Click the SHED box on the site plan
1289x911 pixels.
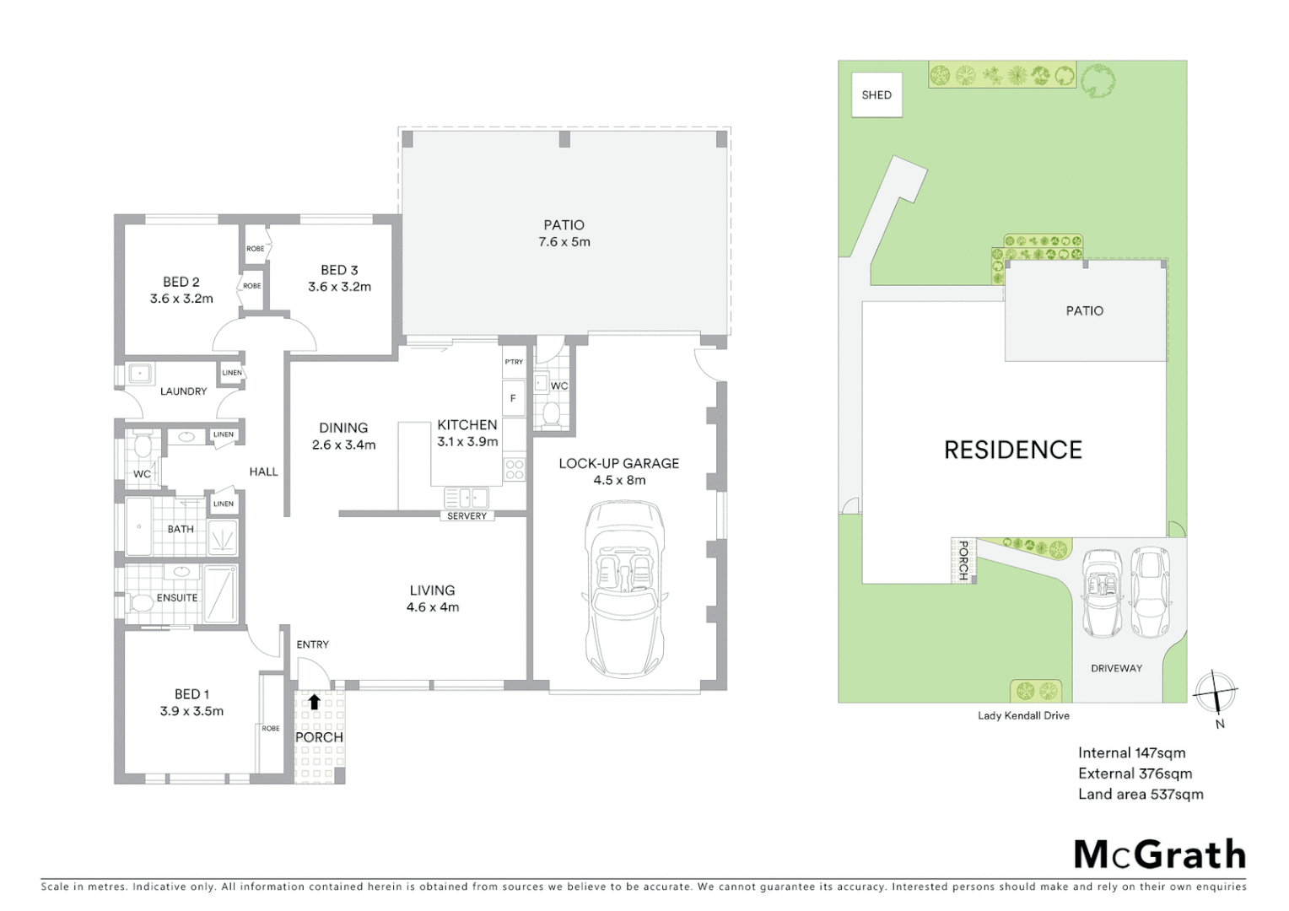876,94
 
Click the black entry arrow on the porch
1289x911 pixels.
314,701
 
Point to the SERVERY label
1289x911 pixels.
467,516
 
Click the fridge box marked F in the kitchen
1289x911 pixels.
513,398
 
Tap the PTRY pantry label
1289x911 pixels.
514,362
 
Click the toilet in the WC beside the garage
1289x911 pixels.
552,413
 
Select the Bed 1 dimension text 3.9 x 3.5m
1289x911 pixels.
191,711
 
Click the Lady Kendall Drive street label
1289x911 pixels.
1023,715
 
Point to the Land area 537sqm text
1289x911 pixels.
1141,794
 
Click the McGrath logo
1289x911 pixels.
1160,854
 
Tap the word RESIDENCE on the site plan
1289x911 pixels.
1012,450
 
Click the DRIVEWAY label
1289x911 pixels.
1116,668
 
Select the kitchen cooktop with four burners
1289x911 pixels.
515,470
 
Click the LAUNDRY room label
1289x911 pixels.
183,391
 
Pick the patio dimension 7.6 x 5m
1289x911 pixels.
564,242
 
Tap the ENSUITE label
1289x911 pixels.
177,597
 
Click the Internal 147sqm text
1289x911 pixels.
1131,752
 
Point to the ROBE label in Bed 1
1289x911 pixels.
271,728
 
